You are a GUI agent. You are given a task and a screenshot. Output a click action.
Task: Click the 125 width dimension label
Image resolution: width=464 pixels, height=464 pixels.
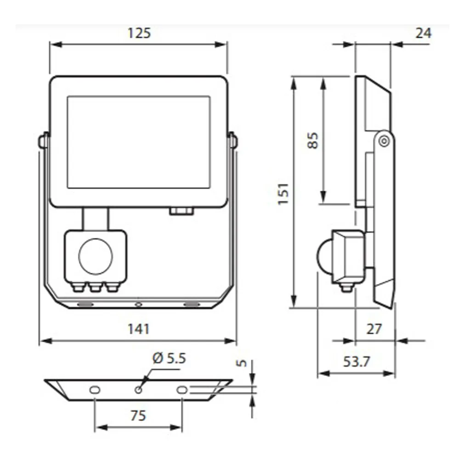[139, 33]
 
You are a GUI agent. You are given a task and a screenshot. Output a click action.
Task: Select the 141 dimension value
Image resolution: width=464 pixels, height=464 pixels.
[138, 329]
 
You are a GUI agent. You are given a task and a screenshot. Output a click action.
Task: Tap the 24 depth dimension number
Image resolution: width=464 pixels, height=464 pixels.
[423, 33]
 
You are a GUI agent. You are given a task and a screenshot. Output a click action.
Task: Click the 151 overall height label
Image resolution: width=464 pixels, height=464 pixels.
[283, 193]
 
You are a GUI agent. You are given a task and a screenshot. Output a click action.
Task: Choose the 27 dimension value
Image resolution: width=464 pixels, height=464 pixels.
[375, 329]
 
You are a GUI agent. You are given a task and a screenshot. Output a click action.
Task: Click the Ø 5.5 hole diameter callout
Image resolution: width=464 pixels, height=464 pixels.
[169, 358]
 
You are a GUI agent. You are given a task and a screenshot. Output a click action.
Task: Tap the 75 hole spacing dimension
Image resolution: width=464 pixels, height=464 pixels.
[138, 415]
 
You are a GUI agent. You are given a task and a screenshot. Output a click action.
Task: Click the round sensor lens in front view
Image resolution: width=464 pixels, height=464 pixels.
[96, 256]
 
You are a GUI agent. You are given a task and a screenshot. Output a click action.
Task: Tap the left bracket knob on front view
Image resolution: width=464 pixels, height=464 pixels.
[44, 141]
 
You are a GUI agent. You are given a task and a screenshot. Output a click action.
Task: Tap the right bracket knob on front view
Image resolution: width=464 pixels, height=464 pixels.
[232, 141]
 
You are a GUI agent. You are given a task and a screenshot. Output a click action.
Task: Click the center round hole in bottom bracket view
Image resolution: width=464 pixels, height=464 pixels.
[138, 390]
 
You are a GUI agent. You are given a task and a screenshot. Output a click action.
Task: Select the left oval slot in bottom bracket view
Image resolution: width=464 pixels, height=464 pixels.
[95, 390]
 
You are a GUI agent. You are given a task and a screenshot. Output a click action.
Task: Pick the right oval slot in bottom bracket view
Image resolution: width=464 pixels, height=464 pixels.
[182, 390]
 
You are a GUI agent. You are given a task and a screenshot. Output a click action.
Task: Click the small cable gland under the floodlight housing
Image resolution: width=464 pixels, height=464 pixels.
[181, 211]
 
